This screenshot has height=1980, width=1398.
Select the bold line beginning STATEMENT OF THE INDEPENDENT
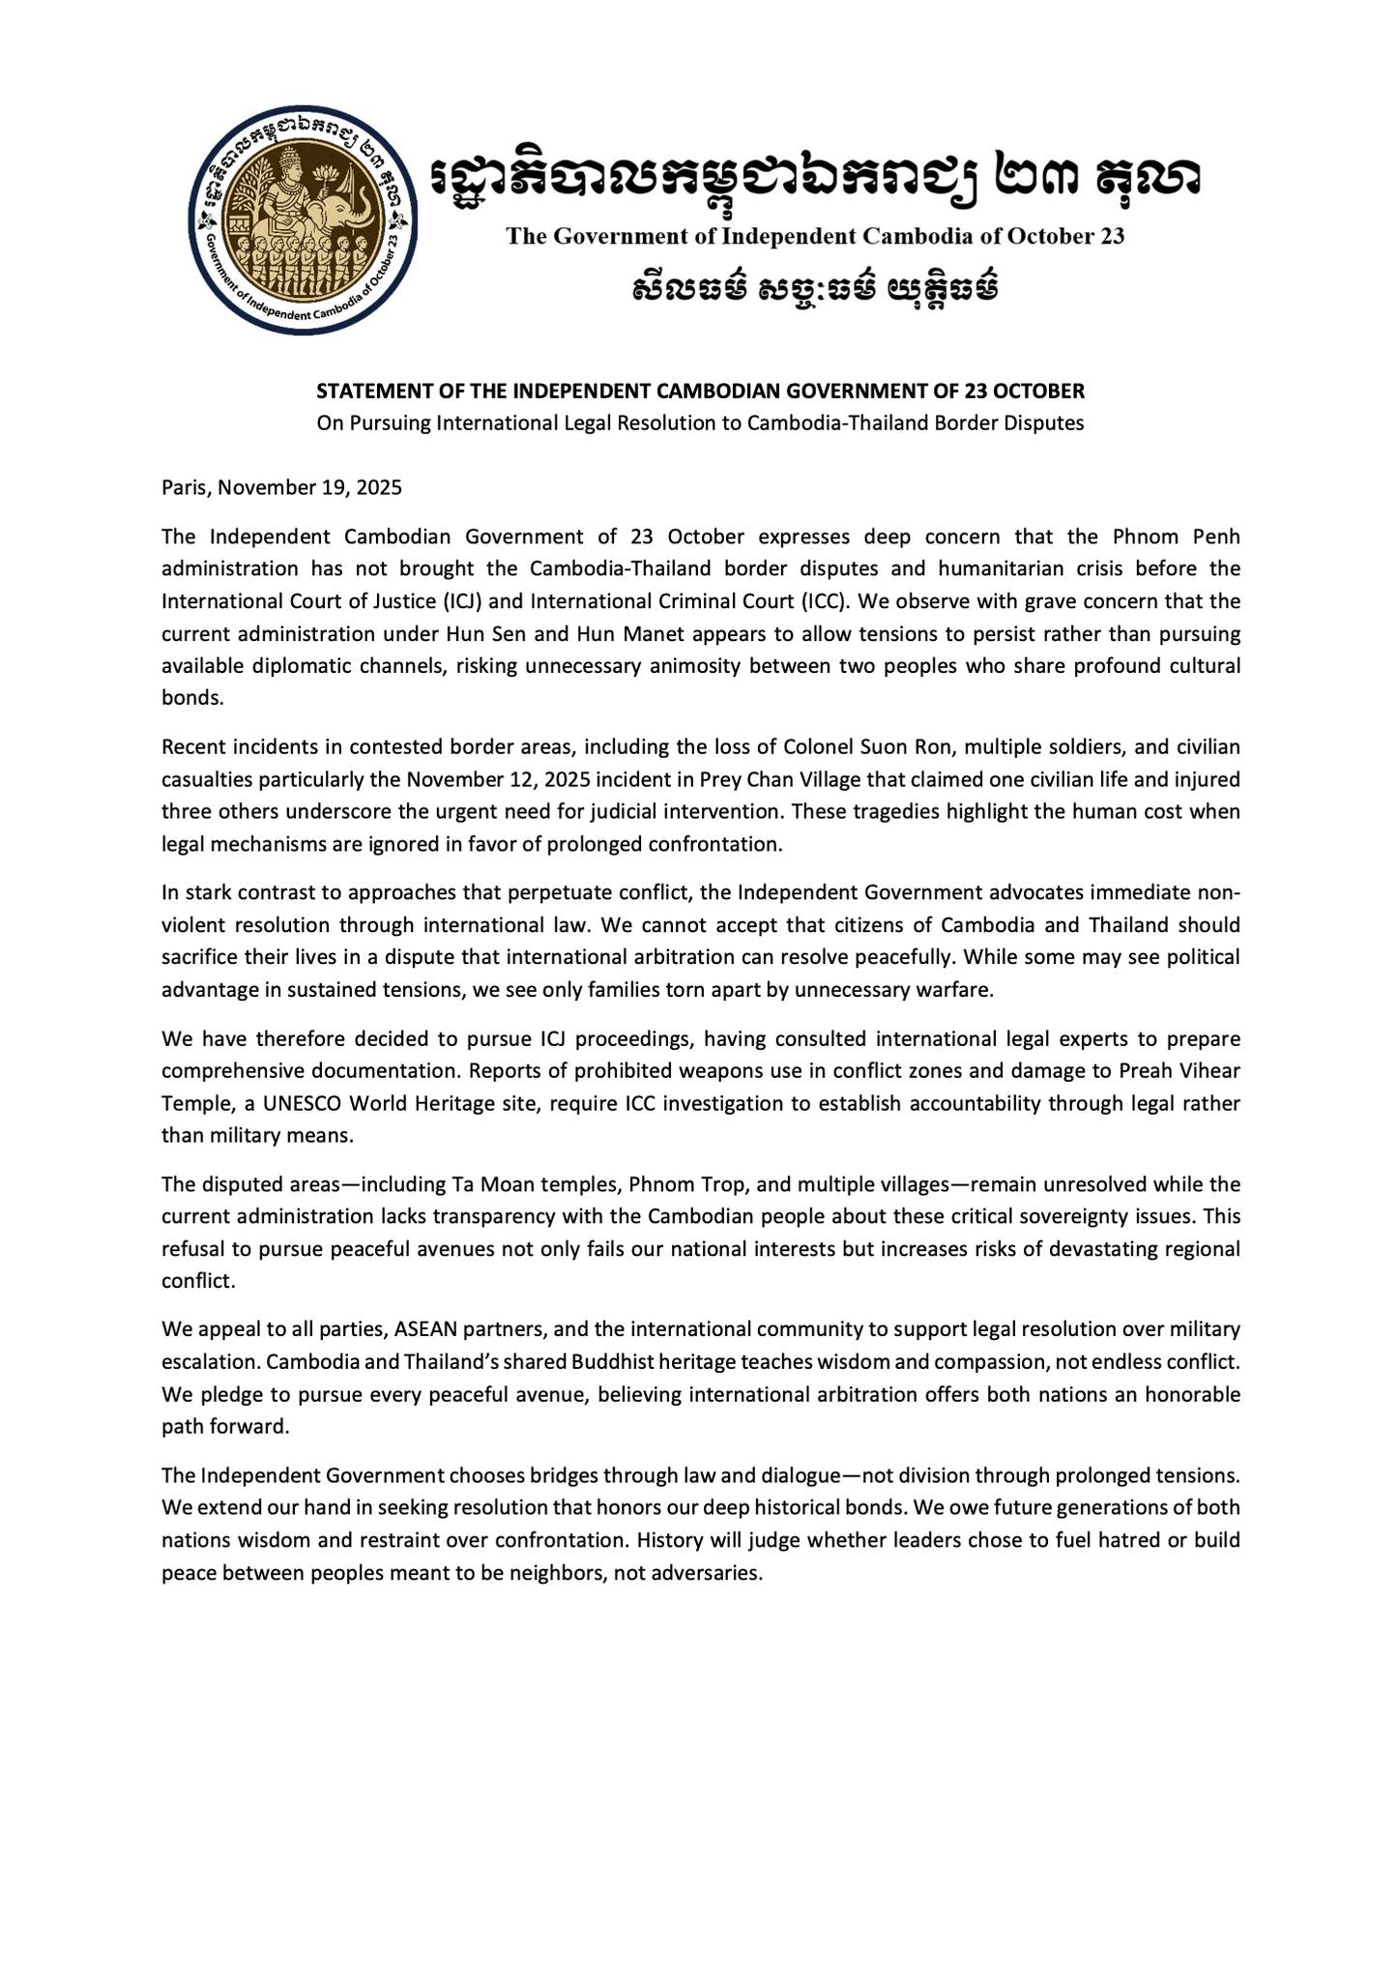pos(701,392)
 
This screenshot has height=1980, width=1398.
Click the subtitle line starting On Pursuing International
pos(701,423)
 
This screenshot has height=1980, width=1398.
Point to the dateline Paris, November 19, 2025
pos(281,487)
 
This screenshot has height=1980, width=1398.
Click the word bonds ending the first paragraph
pos(192,698)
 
